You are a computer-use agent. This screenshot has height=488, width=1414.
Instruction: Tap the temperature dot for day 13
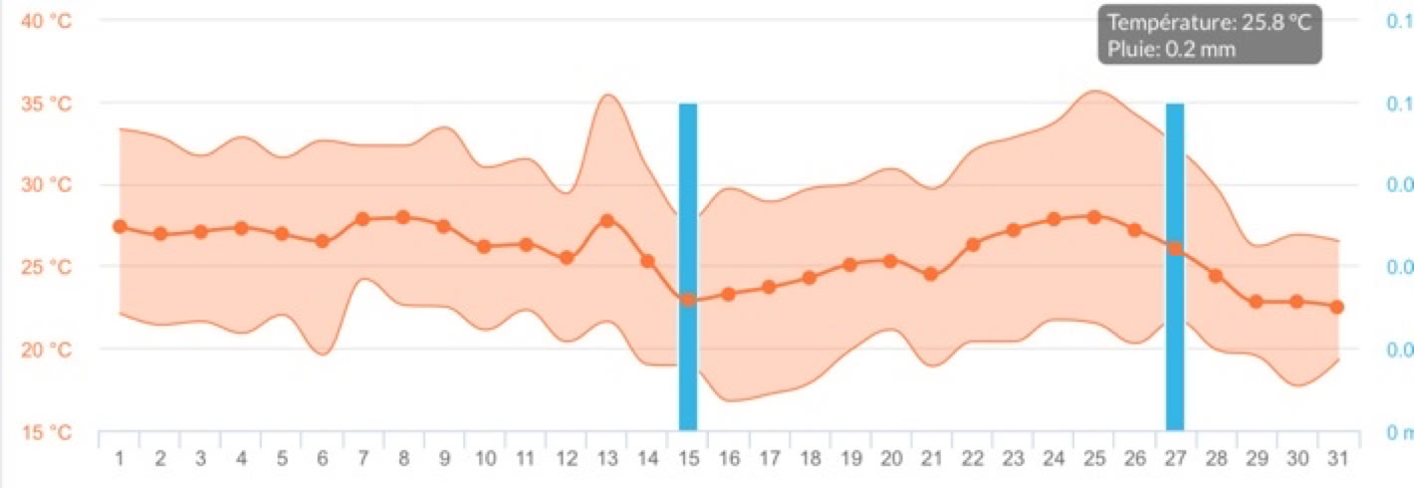606,220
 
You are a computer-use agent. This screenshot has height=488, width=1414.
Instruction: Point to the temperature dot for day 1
119,226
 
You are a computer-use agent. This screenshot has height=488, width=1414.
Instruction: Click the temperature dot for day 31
1337,307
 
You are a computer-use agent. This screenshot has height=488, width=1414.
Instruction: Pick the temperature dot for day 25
1094,216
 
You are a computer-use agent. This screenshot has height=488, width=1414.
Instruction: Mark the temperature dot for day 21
931,274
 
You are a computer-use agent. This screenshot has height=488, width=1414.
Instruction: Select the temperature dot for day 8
403,217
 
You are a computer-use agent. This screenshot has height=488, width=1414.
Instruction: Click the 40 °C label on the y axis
46,21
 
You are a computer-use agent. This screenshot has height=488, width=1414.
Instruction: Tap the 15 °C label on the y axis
46,432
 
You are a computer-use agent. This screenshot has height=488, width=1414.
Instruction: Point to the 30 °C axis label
46,185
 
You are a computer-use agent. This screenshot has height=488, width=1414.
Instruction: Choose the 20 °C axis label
46,350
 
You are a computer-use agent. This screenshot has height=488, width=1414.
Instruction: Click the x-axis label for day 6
323,459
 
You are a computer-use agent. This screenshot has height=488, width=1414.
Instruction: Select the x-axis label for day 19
850,459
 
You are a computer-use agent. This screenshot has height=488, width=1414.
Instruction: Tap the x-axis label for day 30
1296,459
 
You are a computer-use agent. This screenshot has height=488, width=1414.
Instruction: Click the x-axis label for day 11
525,459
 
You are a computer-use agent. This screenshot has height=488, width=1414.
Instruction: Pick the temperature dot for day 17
769,287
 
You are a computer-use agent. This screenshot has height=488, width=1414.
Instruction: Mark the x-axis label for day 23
1013,459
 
